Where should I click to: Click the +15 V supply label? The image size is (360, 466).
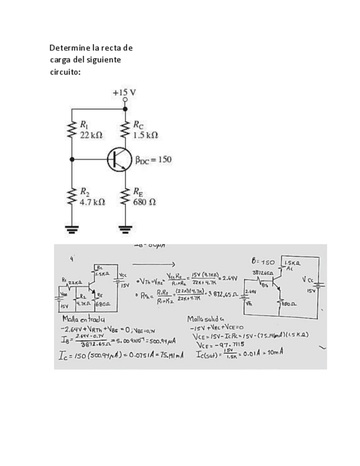pyautogui.click(x=124, y=92)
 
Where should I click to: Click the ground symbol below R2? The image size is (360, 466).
pyautogui.click(x=72, y=229)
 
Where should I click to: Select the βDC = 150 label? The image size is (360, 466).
pyautogui.click(x=153, y=160)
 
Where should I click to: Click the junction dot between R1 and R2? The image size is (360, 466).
pyautogui.click(x=72, y=159)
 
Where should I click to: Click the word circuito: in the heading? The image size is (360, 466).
pyautogui.click(x=65, y=71)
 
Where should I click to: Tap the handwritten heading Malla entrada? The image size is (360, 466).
pyautogui.click(x=84, y=319)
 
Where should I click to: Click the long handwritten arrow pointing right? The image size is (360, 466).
pyautogui.click(x=156, y=263)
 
